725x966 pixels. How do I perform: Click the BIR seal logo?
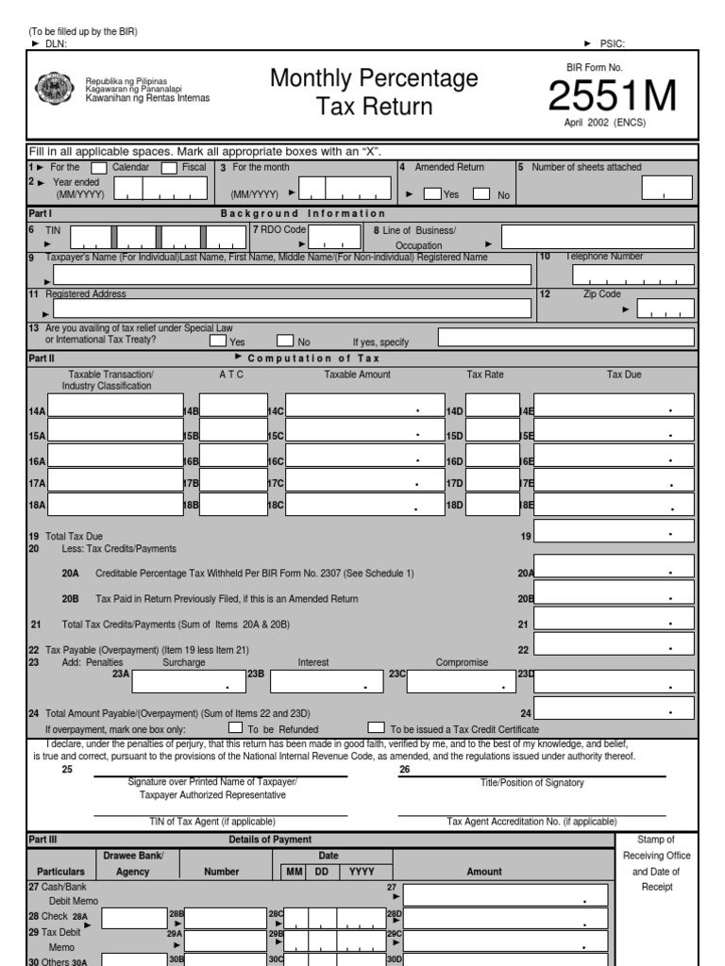53,90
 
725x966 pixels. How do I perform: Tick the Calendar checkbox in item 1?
98,168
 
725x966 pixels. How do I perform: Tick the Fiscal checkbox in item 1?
169,168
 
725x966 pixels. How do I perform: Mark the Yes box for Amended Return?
432,194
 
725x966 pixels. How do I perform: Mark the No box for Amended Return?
481,194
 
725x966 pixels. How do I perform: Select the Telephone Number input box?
632,275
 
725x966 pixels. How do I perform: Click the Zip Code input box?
665,308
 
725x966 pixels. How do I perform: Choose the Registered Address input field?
292,308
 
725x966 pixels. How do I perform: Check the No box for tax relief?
285,341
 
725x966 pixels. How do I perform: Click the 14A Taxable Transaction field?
114,406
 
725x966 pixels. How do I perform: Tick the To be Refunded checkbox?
235,728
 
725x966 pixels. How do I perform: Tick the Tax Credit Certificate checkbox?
376,728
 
